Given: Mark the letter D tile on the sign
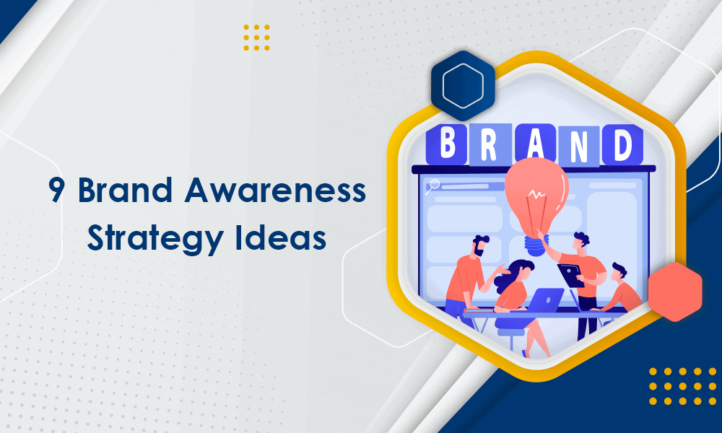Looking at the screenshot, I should pos(622,144).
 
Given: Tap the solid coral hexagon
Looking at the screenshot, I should pos(675,292).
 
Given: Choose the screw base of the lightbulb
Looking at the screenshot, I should pos(536,242).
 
